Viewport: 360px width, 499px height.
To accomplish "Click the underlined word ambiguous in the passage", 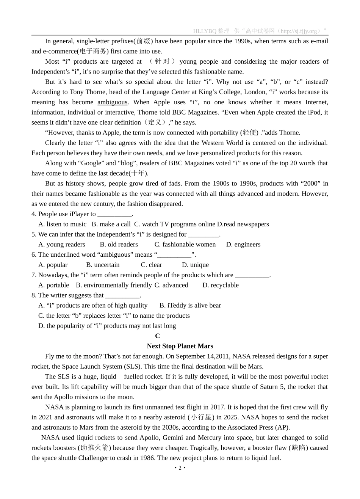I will click(x=112, y=102).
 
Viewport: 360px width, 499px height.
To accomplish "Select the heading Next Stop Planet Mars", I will click(x=180, y=346).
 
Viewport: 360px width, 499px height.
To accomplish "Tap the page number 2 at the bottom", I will click(x=180, y=468).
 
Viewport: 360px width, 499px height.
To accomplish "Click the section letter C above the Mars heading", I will click(x=157, y=336).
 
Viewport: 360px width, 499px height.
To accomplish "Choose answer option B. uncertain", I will click(x=103, y=265).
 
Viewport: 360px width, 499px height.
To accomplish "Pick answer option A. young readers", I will click(x=62, y=245).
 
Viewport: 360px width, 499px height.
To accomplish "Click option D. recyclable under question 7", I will click(x=221, y=285).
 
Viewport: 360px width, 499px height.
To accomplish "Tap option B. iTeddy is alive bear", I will click(x=190, y=306).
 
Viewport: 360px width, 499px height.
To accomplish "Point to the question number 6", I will click(x=34, y=255).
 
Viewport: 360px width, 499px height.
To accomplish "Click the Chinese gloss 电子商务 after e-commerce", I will click(x=93, y=52).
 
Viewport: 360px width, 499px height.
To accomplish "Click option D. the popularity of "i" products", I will click(x=107, y=326).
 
